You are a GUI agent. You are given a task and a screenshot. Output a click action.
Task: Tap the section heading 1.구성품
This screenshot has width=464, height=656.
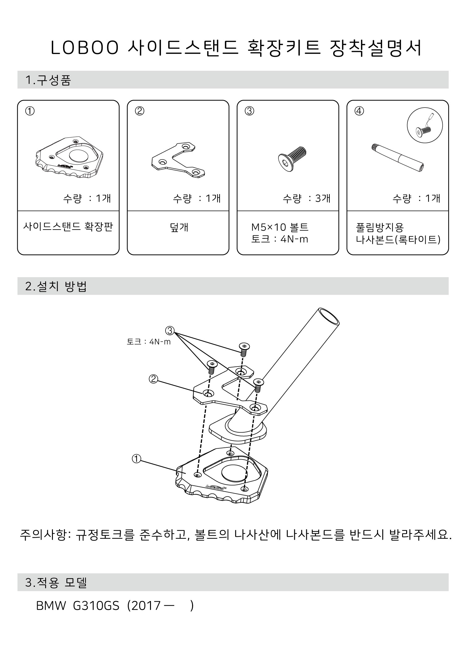[x=48, y=80]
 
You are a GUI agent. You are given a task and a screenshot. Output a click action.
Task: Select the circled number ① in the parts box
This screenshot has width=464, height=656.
[x=30, y=111]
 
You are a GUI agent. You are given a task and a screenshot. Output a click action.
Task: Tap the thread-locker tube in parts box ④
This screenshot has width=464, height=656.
[x=397, y=158]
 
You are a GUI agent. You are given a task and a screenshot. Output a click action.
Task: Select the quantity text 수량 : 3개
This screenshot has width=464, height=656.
[x=306, y=198]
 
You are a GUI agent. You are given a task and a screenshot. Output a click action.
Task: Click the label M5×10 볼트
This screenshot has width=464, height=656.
[x=280, y=227]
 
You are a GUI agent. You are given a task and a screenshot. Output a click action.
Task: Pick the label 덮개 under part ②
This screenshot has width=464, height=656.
[x=179, y=227]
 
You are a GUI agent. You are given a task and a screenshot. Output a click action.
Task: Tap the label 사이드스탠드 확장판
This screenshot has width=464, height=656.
[x=68, y=227]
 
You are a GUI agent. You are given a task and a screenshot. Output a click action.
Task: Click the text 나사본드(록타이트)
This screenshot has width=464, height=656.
[x=398, y=239]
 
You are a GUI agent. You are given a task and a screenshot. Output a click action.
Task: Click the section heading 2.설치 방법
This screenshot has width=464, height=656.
[x=56, y=286]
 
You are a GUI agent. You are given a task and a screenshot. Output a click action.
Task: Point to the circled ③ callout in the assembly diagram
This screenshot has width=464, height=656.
[x=170, y=331]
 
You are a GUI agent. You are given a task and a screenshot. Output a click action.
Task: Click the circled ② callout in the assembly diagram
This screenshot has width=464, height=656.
[x=153, y=379]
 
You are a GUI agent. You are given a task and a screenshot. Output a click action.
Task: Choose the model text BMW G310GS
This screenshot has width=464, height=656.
[x=78, y=606]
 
